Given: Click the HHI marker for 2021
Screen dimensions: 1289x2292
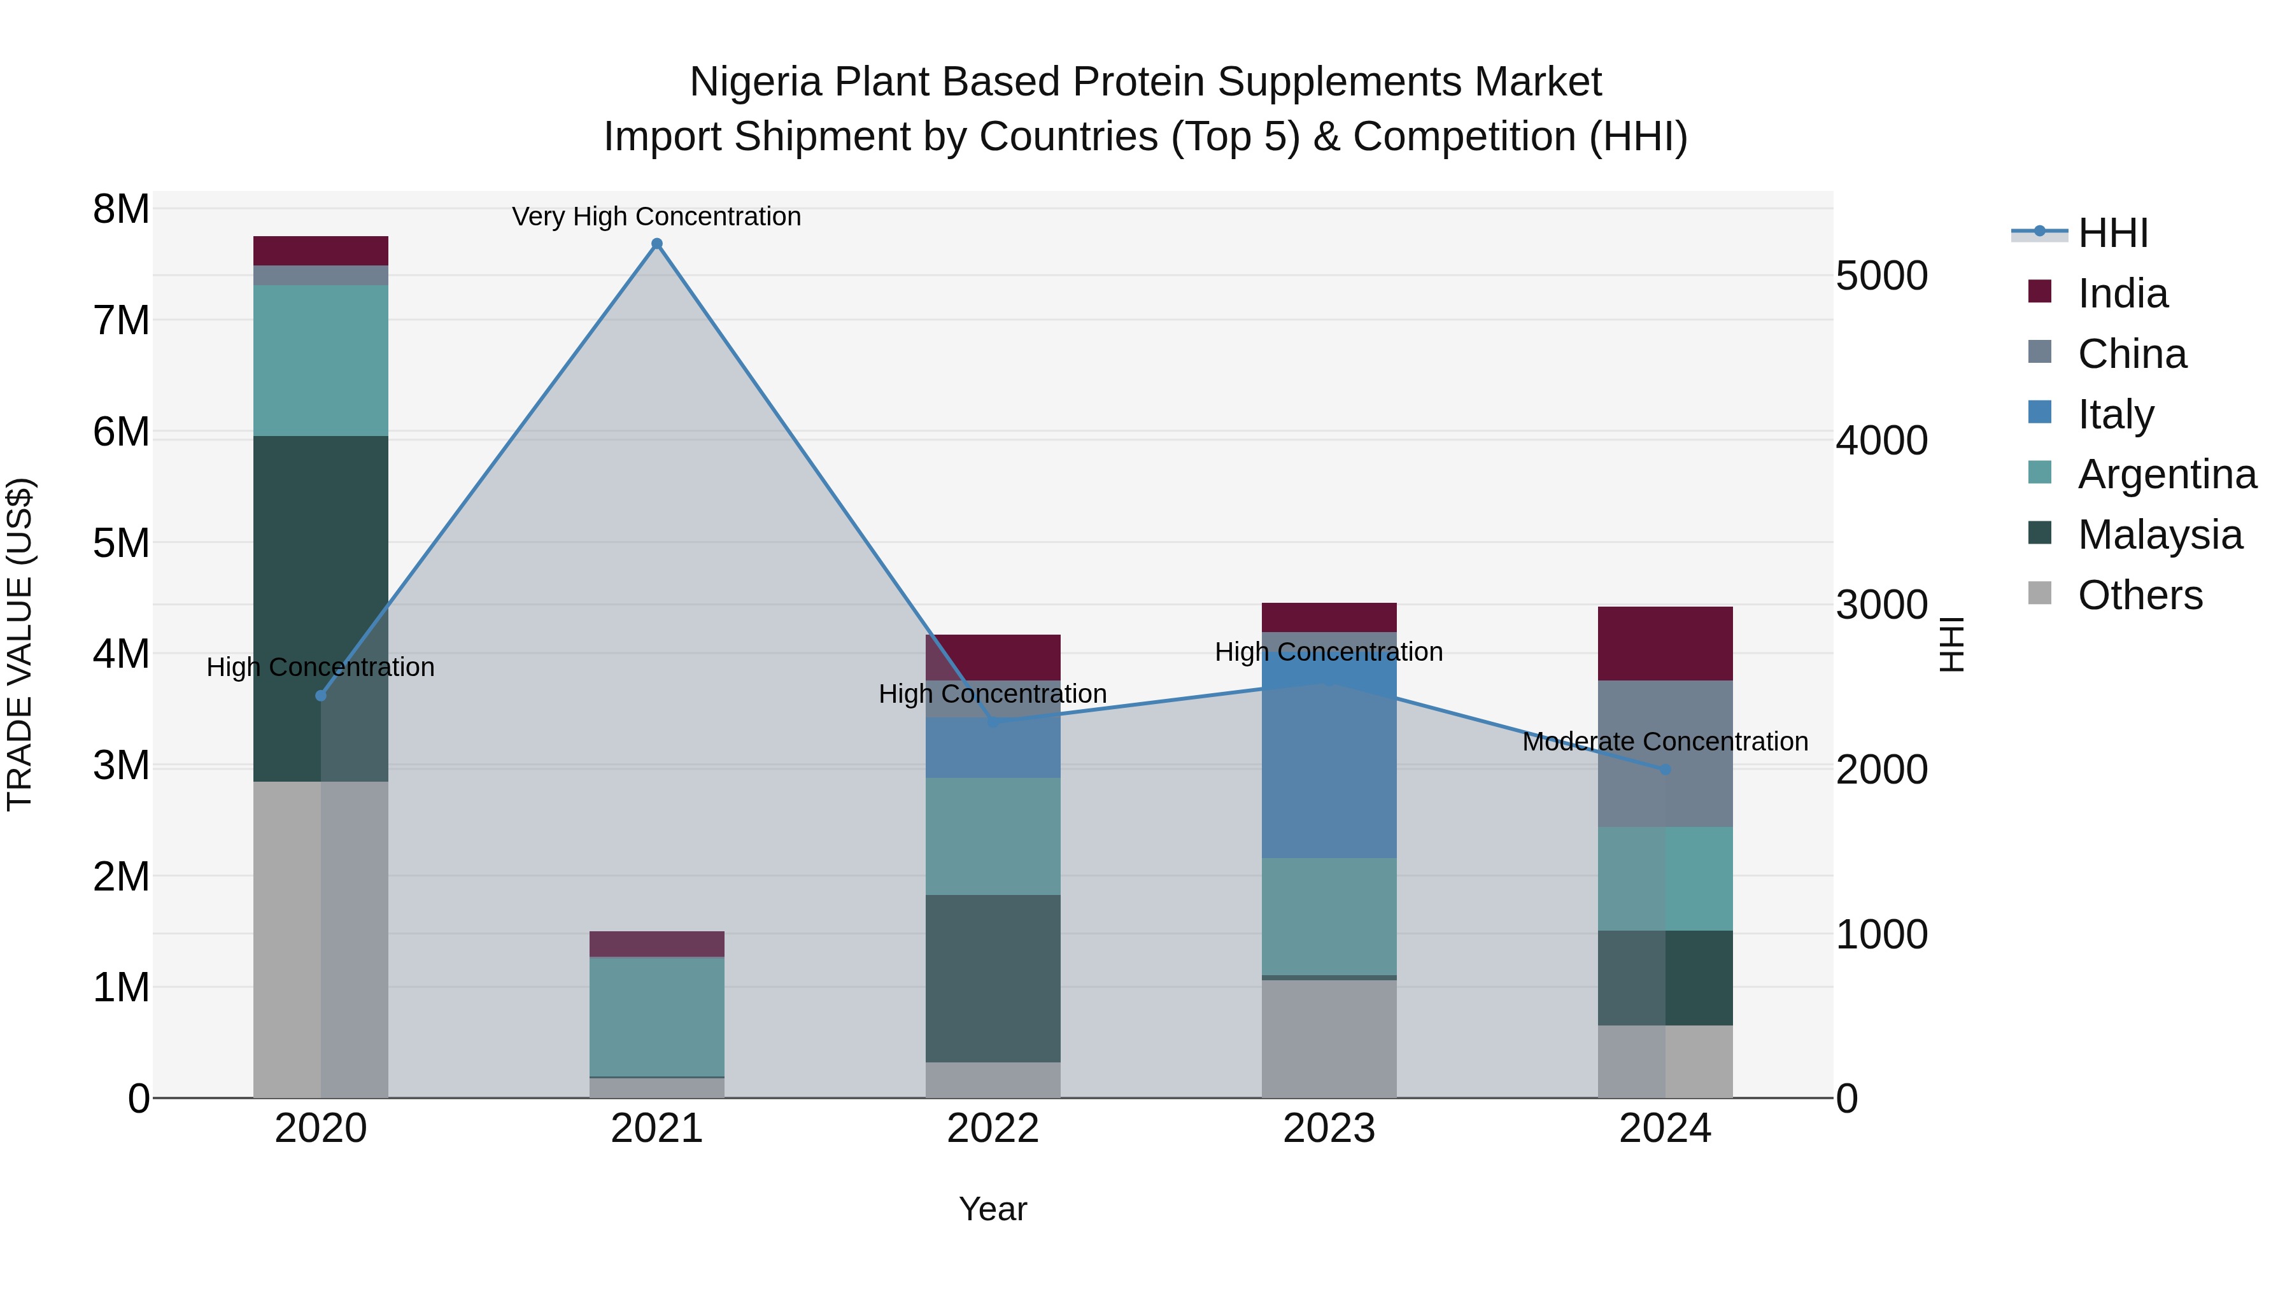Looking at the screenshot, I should point(656,244).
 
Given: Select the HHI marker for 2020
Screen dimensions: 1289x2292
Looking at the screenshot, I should point(322,696).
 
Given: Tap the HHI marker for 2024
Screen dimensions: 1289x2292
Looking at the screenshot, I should point(1666,770).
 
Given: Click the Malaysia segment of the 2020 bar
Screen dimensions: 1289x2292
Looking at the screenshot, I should point(322,609).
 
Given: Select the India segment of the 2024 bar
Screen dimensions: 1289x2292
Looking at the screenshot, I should point(1666,644).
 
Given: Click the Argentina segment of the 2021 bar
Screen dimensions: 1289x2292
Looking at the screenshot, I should point(656,1017).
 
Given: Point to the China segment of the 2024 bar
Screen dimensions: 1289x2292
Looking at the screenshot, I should point(1666,754).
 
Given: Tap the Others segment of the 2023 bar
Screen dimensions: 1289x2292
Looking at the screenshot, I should point(1329,1038).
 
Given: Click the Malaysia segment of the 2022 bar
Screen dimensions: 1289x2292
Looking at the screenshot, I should point(993,978).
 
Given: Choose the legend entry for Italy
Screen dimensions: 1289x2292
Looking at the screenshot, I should point(2115,414).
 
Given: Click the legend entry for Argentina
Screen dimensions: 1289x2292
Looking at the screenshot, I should point(2166,474).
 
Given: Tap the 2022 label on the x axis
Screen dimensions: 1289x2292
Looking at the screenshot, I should point(993,1129).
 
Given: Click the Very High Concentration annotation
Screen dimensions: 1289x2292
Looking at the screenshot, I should point(656,216).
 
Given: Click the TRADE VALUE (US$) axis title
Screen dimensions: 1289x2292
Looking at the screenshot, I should point(20,644).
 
